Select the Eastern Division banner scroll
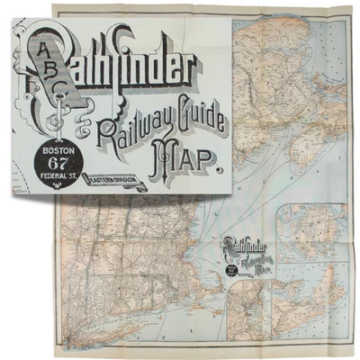click(113, 178)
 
